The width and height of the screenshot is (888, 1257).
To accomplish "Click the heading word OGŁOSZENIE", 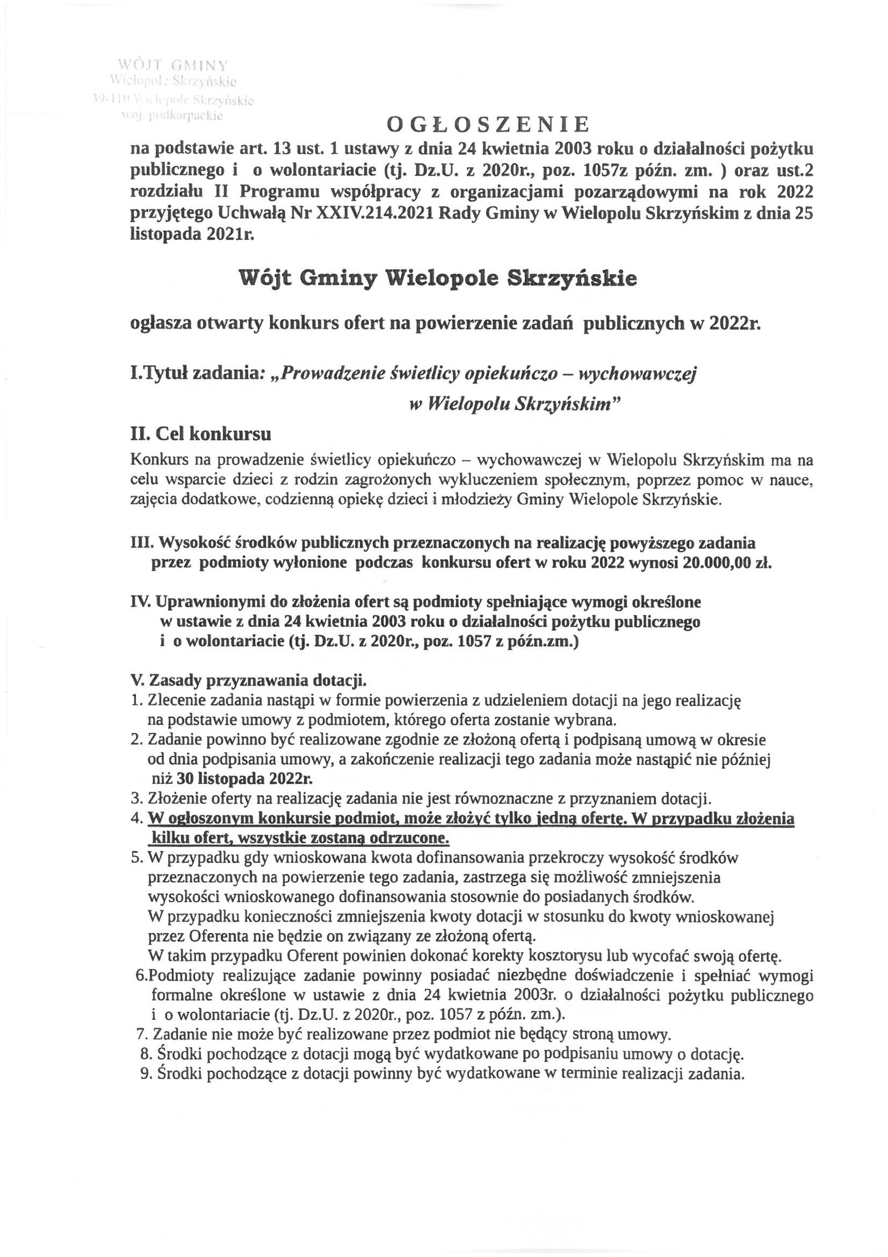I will coord(487,125).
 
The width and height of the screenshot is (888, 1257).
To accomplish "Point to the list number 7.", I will coord(141,1034).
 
